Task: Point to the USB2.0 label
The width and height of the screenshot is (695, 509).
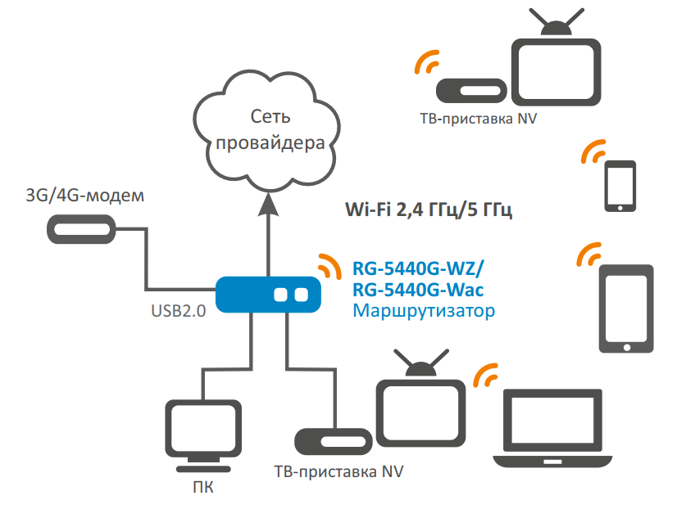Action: pyautogui.click(x=178, y=312)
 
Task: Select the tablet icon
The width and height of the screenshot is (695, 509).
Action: pyautogui.click(x=627, y=309)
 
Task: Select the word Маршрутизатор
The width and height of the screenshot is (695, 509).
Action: pyautogui.click(x=423, y=311)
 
